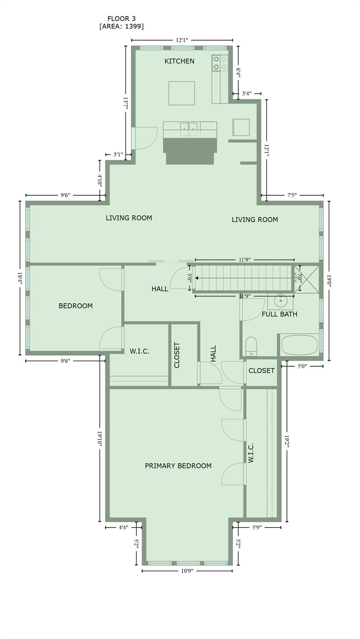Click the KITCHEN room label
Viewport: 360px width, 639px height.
click(179, 61)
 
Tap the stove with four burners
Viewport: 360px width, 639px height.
click(220, 63)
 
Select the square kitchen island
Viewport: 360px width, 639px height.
click(181, 93)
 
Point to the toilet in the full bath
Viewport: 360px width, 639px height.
click(251, 347)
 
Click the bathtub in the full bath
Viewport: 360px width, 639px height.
click(299, 345)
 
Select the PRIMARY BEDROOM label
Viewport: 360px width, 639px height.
click(178, 466)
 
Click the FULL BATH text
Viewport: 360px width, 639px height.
click(279, 314)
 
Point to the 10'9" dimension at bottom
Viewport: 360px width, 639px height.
click(187, 571)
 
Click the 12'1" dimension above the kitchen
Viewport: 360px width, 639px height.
click(182, 40)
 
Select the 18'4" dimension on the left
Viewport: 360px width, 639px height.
click(20, 278)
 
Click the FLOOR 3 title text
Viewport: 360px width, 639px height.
click(121, 19)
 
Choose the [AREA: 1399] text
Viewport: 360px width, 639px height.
click(121, 26)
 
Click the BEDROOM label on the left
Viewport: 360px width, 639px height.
click(75, 306)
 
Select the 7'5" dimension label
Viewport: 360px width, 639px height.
click(292, 195)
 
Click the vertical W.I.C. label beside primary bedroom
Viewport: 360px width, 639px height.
click(251, 453)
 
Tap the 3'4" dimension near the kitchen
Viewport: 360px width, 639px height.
click(247, 94)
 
